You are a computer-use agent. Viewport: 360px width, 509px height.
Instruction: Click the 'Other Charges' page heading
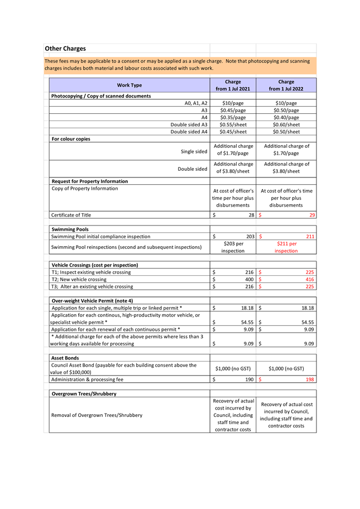[x=65, y=49]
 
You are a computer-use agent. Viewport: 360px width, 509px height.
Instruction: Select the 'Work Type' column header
[x=129, y=85]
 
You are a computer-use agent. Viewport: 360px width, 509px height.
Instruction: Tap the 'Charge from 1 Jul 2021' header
[x=233, y=85]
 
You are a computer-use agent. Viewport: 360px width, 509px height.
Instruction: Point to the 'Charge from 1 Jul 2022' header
[x=286, y=85]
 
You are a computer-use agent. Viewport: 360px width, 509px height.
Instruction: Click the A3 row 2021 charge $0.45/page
[x=233, y=111]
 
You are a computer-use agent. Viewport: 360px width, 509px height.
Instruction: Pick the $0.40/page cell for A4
[x=286, y=118]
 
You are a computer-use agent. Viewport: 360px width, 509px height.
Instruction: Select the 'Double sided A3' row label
[x=189, y=125]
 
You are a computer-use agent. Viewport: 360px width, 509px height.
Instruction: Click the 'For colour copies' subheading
[x=71, y=138]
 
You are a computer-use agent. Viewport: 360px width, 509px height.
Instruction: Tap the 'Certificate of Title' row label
[x=71, y=215]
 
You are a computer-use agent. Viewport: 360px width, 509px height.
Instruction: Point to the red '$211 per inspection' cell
[x=286, y=247]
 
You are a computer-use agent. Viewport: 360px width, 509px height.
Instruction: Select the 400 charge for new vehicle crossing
[x=249, y=279]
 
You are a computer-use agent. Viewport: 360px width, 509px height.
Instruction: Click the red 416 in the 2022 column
[x=309, y=279]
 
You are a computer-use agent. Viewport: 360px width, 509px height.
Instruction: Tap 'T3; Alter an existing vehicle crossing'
[x=92, y=286]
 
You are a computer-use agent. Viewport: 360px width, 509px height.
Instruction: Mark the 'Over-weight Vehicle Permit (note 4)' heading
[x=92, y=300]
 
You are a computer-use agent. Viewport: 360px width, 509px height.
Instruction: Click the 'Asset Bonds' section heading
[x=65, y=358]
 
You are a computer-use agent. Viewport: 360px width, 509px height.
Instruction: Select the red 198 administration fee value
[x=309, y=380]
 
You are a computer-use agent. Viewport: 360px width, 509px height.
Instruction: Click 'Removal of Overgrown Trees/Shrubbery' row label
[x=97, y=415]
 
